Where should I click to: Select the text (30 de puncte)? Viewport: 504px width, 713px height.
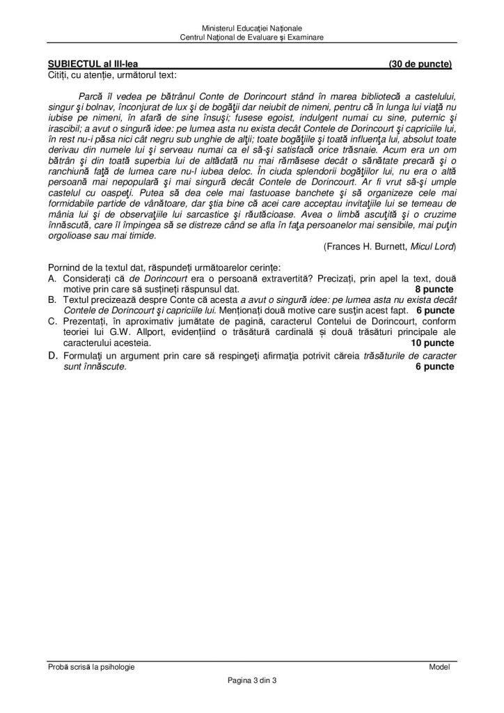point(420,65)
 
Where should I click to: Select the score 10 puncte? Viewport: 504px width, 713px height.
point(432,343)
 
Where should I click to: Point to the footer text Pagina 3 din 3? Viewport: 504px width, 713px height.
point(251,680)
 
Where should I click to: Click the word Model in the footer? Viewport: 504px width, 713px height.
point(440,667)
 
